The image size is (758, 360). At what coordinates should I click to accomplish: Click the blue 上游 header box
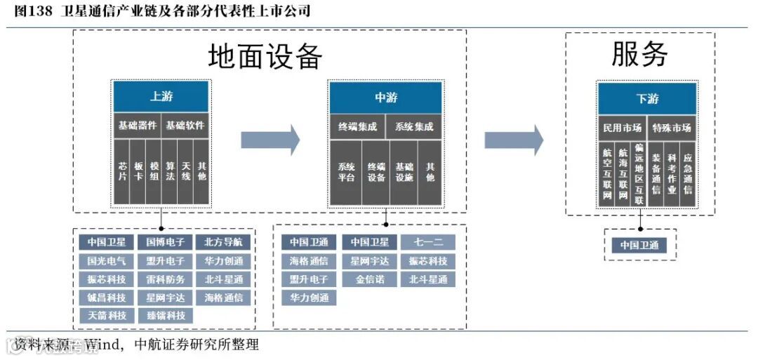click(x=161, y=97)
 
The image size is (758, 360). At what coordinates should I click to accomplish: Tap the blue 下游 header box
click(x=646, y=99)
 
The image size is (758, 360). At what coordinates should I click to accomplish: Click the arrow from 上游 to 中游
click(x=270, y=139)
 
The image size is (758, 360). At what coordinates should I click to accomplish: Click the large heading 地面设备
click(x=265, y=56)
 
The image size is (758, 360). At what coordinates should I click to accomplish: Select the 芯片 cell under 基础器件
click(x=122, y=171)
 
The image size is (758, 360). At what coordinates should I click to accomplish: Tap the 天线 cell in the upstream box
click(x=186, y=171)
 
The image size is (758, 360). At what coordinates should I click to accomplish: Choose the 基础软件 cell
click(x=185, y=126)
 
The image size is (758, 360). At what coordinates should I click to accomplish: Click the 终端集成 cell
click(x=357, y=128)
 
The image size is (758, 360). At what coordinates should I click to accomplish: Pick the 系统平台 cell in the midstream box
click(x=346, y=173)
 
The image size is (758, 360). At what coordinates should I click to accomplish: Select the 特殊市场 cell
click(x=672, y=128)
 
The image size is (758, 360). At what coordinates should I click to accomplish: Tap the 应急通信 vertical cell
click(x=688, y=175)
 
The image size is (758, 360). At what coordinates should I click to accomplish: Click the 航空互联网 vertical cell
click(x=607, y=175)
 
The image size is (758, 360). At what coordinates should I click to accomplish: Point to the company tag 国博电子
click(x=166, y=243)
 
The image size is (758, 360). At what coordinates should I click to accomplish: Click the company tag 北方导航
click(x=223, y=243)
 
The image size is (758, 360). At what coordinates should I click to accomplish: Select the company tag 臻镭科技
click(x=166, y=316)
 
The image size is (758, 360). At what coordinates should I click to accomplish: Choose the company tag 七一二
click(x=427, y=243)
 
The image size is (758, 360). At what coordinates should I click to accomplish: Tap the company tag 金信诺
click(x=368, y=279)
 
